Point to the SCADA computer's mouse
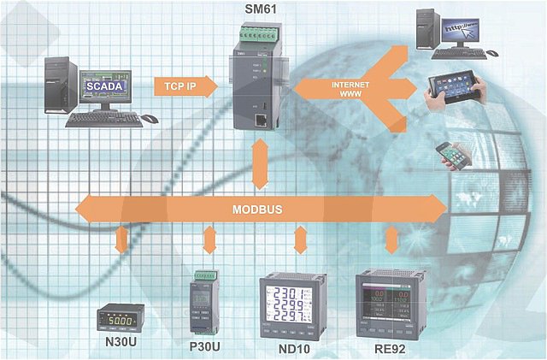tap(149, 118)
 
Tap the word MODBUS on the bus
tap(258, 209)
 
